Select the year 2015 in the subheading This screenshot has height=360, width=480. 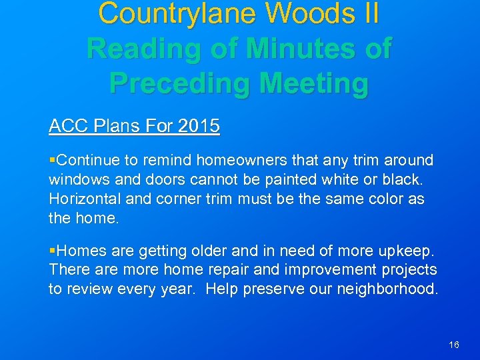click(x=199, y=126)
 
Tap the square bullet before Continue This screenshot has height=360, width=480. click(x=53, y=161)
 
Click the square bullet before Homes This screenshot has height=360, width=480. click(x=53, y=251)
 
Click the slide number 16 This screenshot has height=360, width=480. click(x=454, y=345)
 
